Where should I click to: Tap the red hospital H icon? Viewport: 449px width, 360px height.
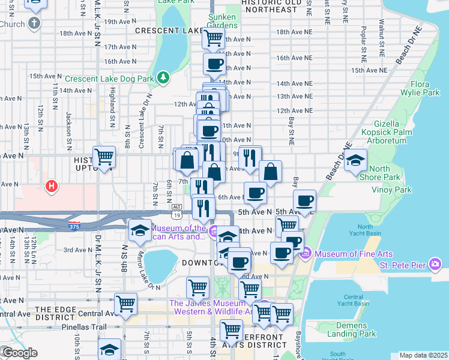pyautogui.click(x=52, y=186)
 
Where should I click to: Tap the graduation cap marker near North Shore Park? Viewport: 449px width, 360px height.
pyautogui.click(x=356, y=159)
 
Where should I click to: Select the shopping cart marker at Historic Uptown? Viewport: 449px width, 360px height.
pyautogui.click(x=104, y=157)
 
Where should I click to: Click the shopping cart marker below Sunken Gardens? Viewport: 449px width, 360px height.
pyautogui.click(x=213, y=38)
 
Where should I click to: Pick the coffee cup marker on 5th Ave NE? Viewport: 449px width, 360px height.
pyautogui.click(x=305, y=201)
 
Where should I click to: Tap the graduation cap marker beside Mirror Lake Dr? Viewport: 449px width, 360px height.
pyautogui.click(x=140, y=230)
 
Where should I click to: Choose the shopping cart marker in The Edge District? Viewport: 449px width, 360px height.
pyautogui.click(x=126, y=304)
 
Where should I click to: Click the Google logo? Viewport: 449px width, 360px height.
pyautogui.click(x=20, y=353)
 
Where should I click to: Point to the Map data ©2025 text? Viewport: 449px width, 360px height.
pyautogui.click(x=423, y=355)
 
